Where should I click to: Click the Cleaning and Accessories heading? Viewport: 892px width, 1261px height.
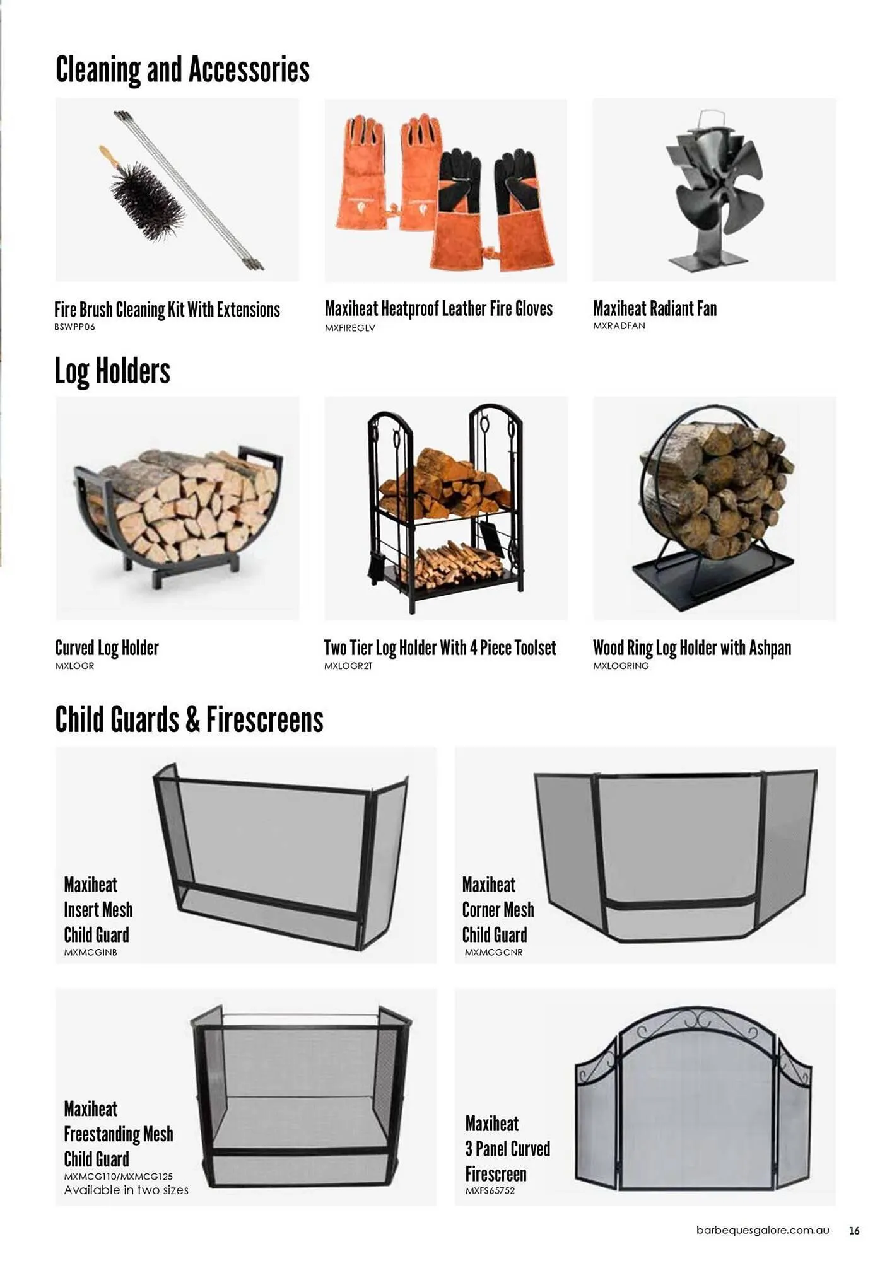click(x=182, y=69)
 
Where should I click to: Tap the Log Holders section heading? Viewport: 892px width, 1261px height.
click(x=112, y=371)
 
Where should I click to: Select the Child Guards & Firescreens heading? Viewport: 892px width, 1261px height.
click(x=189, y=719)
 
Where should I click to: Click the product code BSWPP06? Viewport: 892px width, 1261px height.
click(x=74, y=327)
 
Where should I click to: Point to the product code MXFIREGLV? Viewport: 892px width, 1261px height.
click(x=349, y=328)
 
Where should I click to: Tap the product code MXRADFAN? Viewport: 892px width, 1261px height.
click(x=619, y=326)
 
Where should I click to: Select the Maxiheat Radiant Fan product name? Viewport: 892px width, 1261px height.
click(x=654, y=308)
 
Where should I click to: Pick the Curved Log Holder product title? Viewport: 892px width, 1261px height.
click(x=107, y=648)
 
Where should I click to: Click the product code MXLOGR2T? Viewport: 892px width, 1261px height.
click(x=348, y=666)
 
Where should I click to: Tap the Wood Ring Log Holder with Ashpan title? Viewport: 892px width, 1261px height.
click(x=691, y=648)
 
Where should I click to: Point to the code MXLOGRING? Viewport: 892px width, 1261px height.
click(x=621, y=666)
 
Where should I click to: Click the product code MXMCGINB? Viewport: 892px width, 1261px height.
click(x=90, y=953)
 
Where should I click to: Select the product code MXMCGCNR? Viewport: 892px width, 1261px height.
click(x=493, y=953)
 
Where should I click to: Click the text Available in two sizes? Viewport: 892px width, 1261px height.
click(x=126, y=1190)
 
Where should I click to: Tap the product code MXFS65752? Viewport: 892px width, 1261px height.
click(x=490, y=1191)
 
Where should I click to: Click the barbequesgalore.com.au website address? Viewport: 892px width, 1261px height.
click(x=762, y=1230)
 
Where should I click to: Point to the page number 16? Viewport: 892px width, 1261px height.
click(x=854, y=1230)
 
